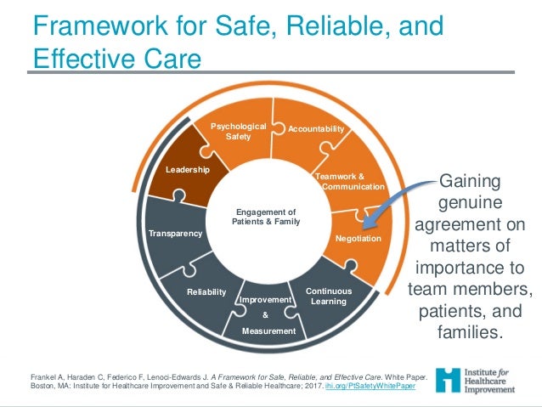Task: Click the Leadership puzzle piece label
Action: click(187, 170)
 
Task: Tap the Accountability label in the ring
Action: click(316, 129)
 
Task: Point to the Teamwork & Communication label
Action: click(349, 181)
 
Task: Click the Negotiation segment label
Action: click(359, 239)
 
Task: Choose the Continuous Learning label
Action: click(328, 296)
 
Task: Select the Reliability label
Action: click(206, 292)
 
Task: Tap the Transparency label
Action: click(175, 233)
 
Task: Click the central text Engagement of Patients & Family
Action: click(266, 217)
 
